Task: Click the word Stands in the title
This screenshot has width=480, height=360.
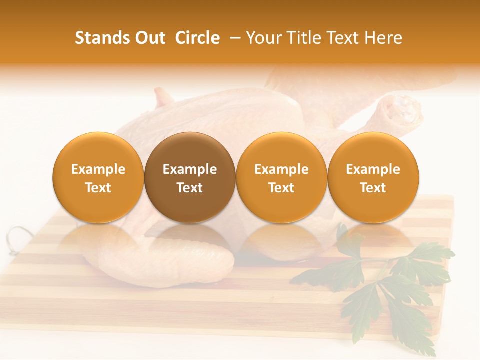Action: (101, 38)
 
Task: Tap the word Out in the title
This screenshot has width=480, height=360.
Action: (149, 38)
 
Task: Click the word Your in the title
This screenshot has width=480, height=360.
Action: (264, 38)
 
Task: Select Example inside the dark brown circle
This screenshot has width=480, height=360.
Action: (190, 169)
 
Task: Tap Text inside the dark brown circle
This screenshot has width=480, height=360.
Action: (190, 188)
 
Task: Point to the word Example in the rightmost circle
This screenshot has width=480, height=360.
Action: (373, 169)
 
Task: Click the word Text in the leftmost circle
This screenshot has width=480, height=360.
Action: (98, 188)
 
